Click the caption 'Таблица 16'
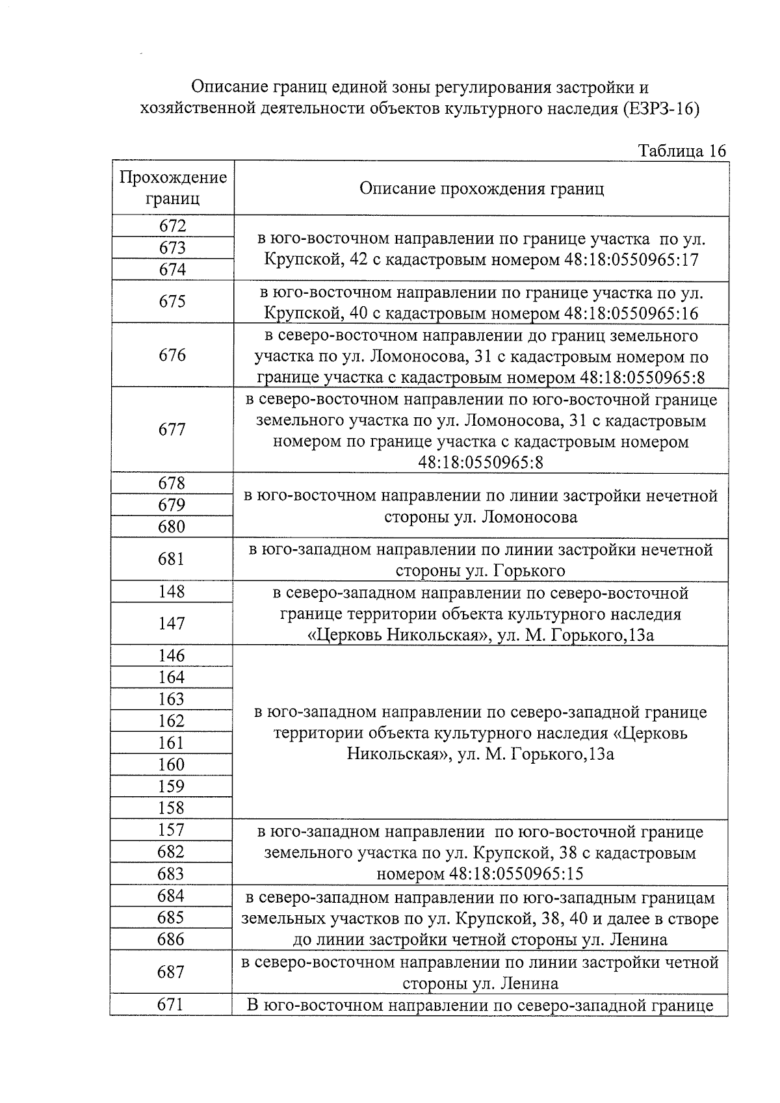[682, 151]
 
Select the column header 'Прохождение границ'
[173, 188]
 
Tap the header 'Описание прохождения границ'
[481, 188]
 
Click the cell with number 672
[172, 226]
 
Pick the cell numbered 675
[172, 301]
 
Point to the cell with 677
[172, 429]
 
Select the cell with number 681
[172, 559]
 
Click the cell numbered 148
[172, 591]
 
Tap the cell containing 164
[172, 677]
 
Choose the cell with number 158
[172, 808]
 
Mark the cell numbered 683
[171, 874]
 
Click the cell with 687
[171, 972]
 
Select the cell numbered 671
[171, 1005]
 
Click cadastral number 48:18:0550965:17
[631, 260]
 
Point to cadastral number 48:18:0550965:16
[631, 314]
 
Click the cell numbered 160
[172, 764]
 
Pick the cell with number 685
[171, 917]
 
